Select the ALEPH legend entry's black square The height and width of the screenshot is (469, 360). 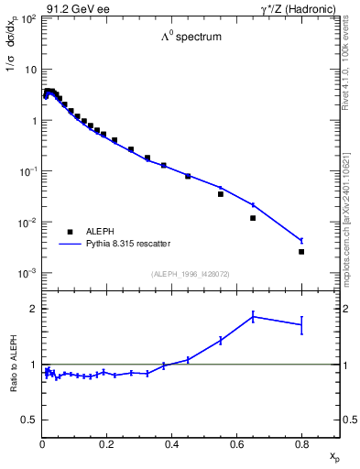click(x=69, y=232)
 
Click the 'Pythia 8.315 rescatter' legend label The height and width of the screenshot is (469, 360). click(x=131, y=244)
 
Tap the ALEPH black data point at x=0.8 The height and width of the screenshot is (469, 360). click(x=301, y=251)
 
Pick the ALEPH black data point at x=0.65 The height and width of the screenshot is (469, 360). click(x=253, y=218)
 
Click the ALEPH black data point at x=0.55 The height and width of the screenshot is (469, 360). click(x=221, y=194)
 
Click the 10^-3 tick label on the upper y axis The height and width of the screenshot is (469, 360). click(x=28, y=274)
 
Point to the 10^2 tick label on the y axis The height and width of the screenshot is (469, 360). click(x=28, y=19)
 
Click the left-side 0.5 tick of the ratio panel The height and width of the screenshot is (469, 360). click(x=30, y=420)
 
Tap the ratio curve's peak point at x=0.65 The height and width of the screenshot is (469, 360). click(x=253, y=317)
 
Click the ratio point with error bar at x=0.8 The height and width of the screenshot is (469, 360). click(x=301, y=324)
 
